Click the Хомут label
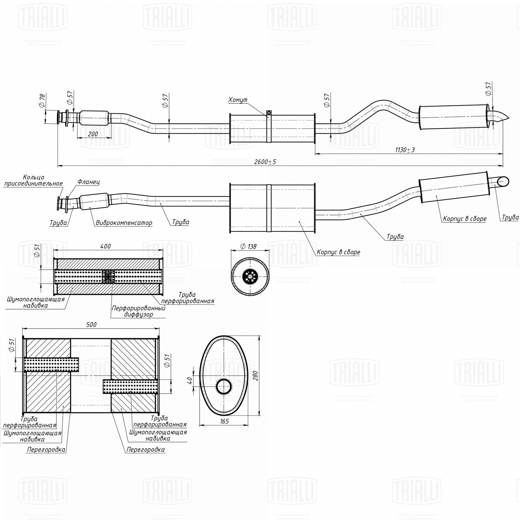pos(238,100)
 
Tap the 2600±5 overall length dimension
pos(265,162)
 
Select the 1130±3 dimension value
pos(405,150)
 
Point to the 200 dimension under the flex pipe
pos(93,134)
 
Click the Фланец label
pos(89,182)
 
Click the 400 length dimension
pos(105,246)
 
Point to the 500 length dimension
pos(91,325)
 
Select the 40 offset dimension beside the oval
pos(189,380)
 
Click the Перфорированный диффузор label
pos(139,311)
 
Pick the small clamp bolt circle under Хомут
pos(269,113)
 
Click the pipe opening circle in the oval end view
pos(224,386)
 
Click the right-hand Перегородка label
pos(146,449)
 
